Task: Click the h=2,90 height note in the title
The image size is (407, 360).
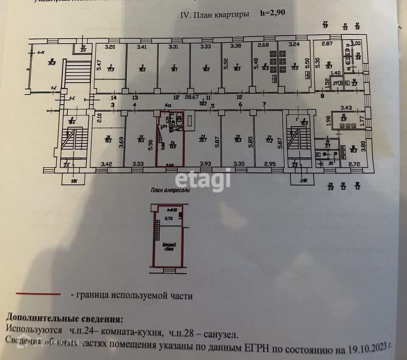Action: [273, 13]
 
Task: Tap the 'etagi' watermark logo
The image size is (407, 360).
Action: [203, 180]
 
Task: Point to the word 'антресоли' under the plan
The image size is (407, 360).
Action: [174, 190]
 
